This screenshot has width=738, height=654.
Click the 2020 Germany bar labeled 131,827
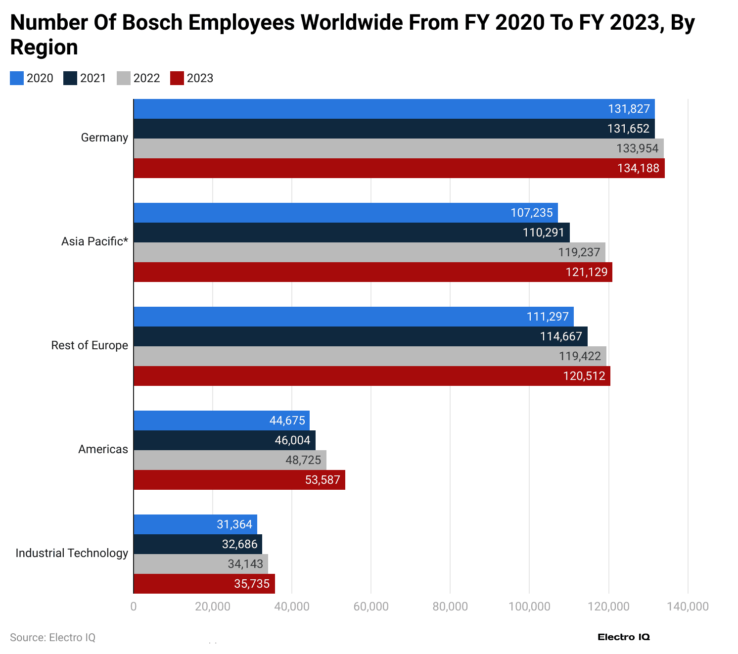pyautogui.click(x=394, y=109)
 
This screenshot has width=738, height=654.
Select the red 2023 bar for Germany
pyautogui.click(x=399, y=168)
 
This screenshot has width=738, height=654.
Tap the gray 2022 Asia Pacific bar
pyautogui.click(x=369, y=252)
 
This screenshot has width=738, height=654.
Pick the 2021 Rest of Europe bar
pyautogui.click(x=360, y=336)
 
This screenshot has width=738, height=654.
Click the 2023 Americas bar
pyautogui.click(x=239, y=480)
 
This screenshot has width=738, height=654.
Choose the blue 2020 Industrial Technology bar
pyautogui.click(x=195, y=524)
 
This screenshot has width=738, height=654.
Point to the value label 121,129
pyautogui.click(x=586, y=272)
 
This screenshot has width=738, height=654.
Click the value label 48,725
pyautogui.click(x=303, y=460)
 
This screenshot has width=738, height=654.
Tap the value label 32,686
pyautogui.click(x=239, y=544)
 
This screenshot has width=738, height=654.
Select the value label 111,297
pyautogui.click(x=548, y=317)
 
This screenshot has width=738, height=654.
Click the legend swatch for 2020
pyautogui.click(x=17, y=78)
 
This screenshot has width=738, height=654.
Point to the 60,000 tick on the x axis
pyautogui.click(x=371, y=607)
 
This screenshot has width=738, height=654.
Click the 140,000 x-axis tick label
pyautogui.click(x=688, y=607)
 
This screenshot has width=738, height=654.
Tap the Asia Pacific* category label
pyautogui.click(x=94, y=241)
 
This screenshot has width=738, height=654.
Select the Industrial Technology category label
pyautogui.click(x=72, y=553)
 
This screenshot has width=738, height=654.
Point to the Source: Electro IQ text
pyautogui.click(x=52, y=637)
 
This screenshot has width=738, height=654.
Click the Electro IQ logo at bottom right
pyautogui.click(x=623, y=637)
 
